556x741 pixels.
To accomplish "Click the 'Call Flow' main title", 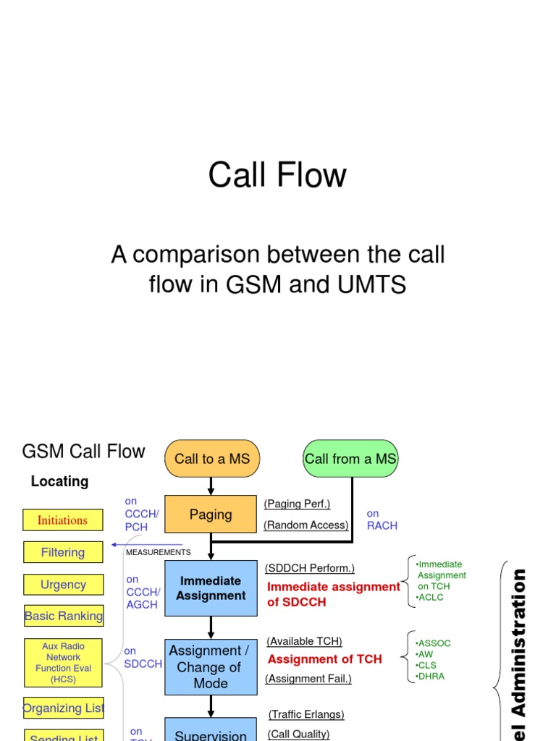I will tap(277, 175).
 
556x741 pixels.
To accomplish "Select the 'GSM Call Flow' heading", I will tap(84, 452).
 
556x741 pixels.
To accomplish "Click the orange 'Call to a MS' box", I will tap(211, 459).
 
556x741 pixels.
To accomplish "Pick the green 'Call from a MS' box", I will tap(350, 459).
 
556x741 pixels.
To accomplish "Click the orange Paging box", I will tap(211, 515).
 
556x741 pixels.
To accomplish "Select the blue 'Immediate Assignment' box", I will tap(211, 588).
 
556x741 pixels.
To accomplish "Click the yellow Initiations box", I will tap(62, 520).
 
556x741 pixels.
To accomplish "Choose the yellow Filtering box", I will tap(63, 552).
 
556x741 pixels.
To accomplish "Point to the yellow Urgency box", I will tap(63, 585).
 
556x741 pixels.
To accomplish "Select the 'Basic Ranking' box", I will tap(64, 617).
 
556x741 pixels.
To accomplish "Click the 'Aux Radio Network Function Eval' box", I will tap(63, 663).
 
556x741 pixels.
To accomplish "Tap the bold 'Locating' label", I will tap(59, 481).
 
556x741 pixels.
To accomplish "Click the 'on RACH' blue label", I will tap(382, 520).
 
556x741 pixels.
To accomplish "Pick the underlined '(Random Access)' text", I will tap(306, 525).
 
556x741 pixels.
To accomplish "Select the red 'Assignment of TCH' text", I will tap(324, 659).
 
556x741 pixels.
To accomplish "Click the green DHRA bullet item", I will tap(431, 676).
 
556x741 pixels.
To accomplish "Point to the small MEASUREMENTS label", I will tap(159, 552).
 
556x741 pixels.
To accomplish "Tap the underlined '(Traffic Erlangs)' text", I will tap(306, 714).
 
